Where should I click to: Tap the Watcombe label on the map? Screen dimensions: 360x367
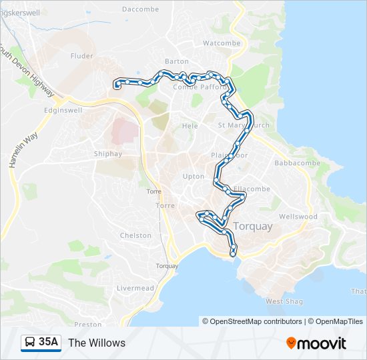coord(221,43)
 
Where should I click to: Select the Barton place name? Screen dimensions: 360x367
coord(177,61)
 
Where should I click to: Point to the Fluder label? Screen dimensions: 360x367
coord(82,57)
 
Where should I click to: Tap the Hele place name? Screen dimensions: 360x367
coord(190,125)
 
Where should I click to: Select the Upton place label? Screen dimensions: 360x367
coord(194,177)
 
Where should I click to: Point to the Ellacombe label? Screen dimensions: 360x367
coord(252,189)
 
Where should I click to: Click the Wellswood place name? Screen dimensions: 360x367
coord(298,217)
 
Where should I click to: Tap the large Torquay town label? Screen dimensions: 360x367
coord(253,227)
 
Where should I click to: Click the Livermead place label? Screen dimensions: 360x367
coord(135,288)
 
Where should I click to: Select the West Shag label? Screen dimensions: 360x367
coord(284,301)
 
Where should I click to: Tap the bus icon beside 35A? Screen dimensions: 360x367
coord(30,343)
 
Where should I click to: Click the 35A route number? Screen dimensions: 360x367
coord(48,343)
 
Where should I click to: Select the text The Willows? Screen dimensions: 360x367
coord(97,343)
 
